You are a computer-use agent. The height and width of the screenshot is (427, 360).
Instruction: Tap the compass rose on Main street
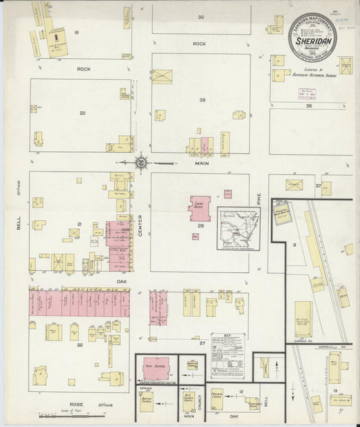point(141,163)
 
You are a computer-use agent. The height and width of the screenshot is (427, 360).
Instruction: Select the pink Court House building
point(199,208)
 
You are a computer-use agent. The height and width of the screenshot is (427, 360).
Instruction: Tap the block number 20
point(82,113)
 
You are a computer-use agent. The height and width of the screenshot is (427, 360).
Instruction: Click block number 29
point(201,100)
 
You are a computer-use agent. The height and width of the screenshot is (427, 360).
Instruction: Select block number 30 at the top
point(201,17)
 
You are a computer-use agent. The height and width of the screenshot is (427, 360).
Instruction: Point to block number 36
point(308,106)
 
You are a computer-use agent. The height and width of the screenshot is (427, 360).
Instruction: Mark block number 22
point(80,345)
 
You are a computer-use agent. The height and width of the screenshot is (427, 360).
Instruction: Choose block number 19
point(77,32)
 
